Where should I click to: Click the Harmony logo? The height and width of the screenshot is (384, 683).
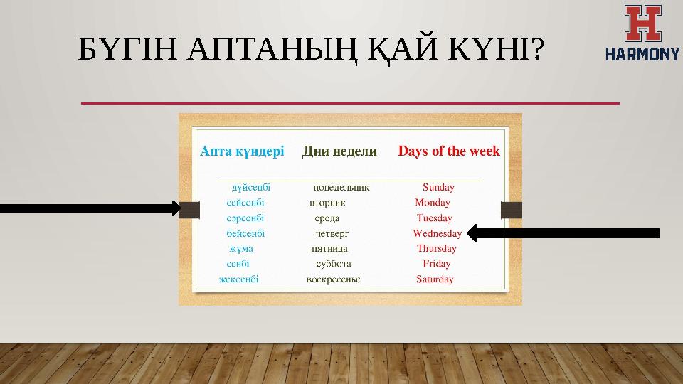click(x=642, y=33)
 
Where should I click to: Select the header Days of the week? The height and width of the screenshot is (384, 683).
click(x=448, y=151)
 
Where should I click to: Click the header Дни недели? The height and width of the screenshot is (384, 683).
click(x=339, y=151)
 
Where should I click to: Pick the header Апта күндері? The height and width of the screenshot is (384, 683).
click(x=242, y=151)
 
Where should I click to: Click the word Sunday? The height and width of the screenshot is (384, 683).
click(x=438, y=188)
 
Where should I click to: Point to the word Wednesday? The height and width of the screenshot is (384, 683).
click(x=437, y=233)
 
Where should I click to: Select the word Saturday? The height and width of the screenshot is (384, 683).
click(x=435, y=279)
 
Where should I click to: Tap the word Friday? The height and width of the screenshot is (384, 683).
click(x=436, y=264)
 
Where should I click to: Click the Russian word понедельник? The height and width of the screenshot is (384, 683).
click(x=341, y=188)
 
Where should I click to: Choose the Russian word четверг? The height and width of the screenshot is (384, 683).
click(x=332, y=233)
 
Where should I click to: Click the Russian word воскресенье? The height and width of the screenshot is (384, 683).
click(x=333, y=279)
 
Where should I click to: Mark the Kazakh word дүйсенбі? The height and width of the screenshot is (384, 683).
click(x=250, y=188)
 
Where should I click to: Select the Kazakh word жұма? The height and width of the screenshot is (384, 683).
click(x=241, y=249)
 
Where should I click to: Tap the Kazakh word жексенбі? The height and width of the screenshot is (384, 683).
click(x=238, y=279)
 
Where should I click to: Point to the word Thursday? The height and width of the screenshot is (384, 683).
click(x=437, y=249)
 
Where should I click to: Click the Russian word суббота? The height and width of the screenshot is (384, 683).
click(x=333, y=264)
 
